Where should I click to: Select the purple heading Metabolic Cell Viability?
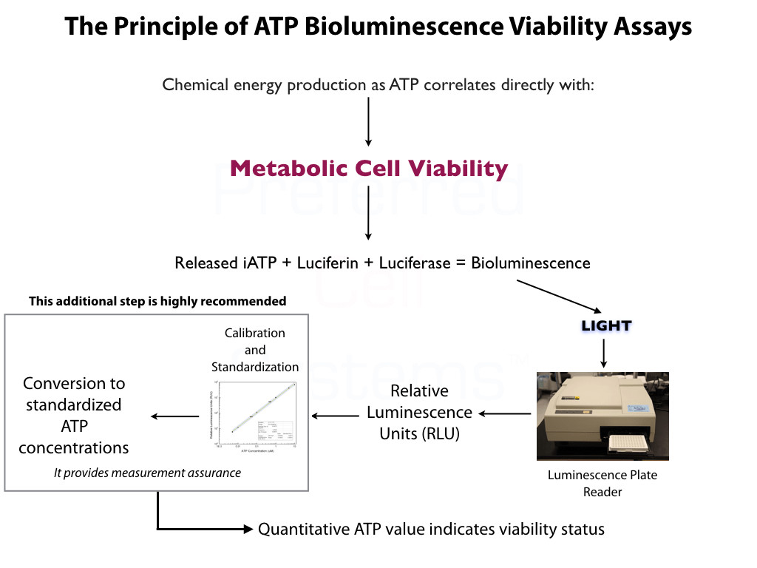pyautogui.click(x=368, y=168)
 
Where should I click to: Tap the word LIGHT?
pyautogui.click(x=606, y=325)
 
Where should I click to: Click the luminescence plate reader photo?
pyautogui.click(x=602, y=416)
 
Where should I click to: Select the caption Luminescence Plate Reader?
pyautogui.click(x=602, y=483)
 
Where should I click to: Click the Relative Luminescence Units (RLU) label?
pyautogui.click(x=419, y=412)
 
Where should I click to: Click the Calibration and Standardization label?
pyautogui.click(x=255, y=350)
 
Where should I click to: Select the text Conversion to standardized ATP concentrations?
pyautogui.click(x=74, y=415)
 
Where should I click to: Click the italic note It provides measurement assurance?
pyautogui.click(x=147, y=473)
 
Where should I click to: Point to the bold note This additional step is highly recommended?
pyautogui.click(x=157, y=301)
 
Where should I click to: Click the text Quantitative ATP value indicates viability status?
pyautogui.click(x=431, y=529)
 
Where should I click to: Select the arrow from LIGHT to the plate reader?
pyautogui.click(x=605, y=354)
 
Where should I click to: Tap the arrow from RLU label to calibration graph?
pyautogui.click(x=336, y=416)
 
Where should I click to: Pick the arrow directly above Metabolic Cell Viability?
pyautogui.click(x=368, y=121)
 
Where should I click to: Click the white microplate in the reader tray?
pyautogui.click(x=628, y=444)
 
